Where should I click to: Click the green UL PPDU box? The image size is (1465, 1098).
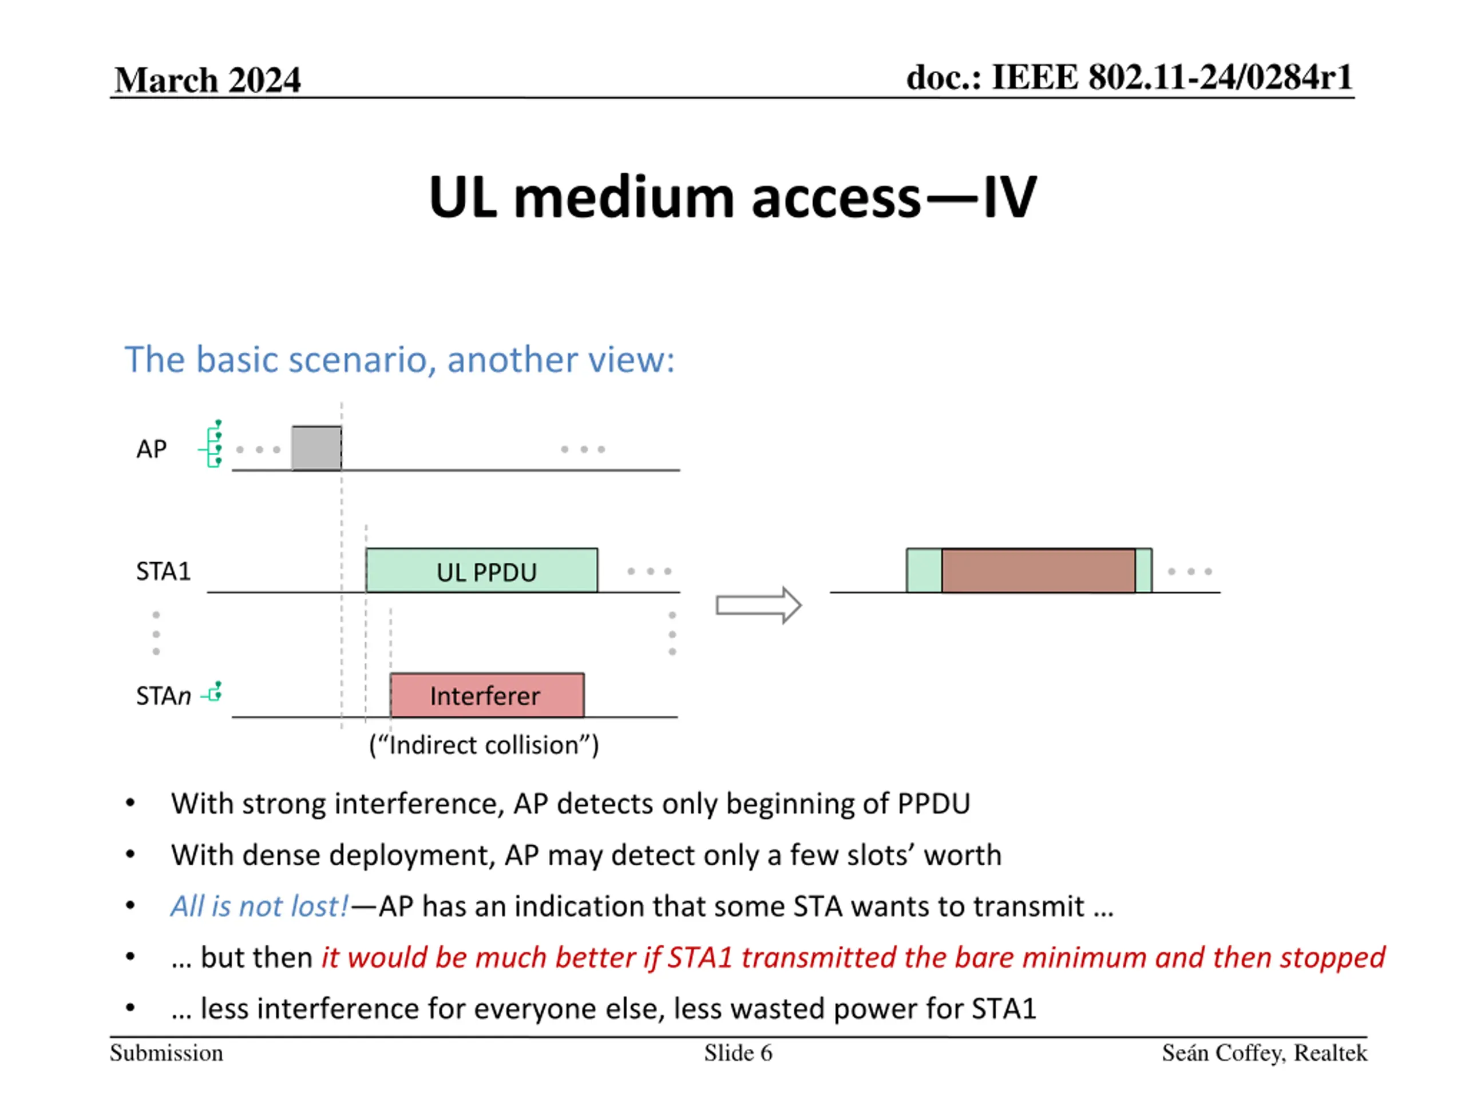(481, 570)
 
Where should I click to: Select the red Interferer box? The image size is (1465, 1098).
(487, 695)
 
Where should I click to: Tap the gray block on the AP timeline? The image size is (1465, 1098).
(316, 448)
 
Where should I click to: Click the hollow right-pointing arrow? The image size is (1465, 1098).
(759, 605)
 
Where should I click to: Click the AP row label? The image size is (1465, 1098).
(151, 449)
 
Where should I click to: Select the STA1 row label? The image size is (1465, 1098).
(163, 571)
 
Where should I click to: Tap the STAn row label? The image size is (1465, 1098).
(163, 695)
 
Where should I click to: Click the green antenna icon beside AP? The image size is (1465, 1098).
(211, 443)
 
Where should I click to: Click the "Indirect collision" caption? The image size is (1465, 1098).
(484, 745)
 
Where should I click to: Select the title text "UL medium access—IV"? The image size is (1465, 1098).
(732, 197)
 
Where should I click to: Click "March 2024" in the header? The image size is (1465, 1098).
(207, 80)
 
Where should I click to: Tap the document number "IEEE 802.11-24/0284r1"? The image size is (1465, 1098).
(1171, 77)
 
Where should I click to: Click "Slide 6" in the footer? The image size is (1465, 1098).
(738, 1053)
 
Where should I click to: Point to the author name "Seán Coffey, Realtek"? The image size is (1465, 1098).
(1264, 1053)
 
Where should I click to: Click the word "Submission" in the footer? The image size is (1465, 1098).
(166, 1053)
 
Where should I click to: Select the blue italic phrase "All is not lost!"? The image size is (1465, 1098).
(259, 906)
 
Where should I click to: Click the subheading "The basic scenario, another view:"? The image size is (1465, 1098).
(399, 360)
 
